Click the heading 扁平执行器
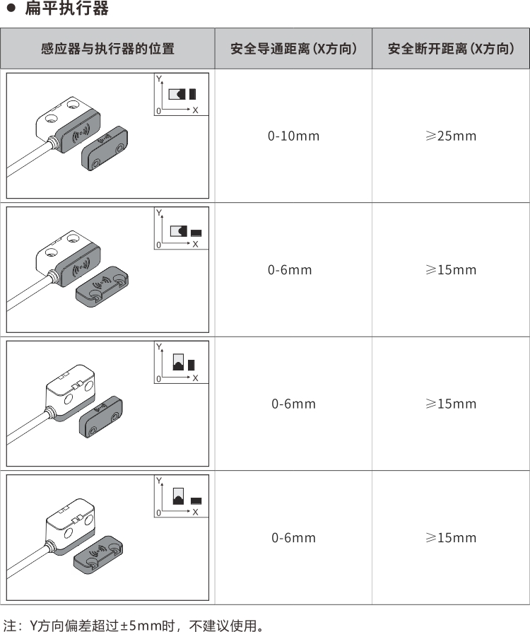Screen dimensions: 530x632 pos(66,8)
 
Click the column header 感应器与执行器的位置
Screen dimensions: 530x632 pos(107,49)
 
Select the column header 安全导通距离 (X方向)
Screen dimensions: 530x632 pos(294,49)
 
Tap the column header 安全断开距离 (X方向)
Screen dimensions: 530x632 pos(451,49)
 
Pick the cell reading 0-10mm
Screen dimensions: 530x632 pos(293,136)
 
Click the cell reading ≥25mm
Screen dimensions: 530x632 pos(451,136)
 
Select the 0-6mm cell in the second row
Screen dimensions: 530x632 pos(290,269)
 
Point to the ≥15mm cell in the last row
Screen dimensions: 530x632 pos(451,538)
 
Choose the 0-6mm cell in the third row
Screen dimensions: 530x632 pos(293,404)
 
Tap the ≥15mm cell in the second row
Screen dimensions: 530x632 pos(451,269)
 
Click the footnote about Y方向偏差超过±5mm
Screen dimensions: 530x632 pos(134,625)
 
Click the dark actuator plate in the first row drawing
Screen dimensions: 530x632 pos(105,148)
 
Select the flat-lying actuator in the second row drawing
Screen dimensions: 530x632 pos(102,286)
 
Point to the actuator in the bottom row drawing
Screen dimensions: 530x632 pos(98,555)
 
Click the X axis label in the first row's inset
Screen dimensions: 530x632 pos(195,110)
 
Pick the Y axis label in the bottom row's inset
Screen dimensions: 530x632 pos(159,481)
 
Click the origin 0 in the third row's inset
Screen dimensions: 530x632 pos(158,379)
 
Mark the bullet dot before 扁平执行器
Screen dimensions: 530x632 pos(11,8)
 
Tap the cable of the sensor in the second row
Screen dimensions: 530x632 pos(29,293)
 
